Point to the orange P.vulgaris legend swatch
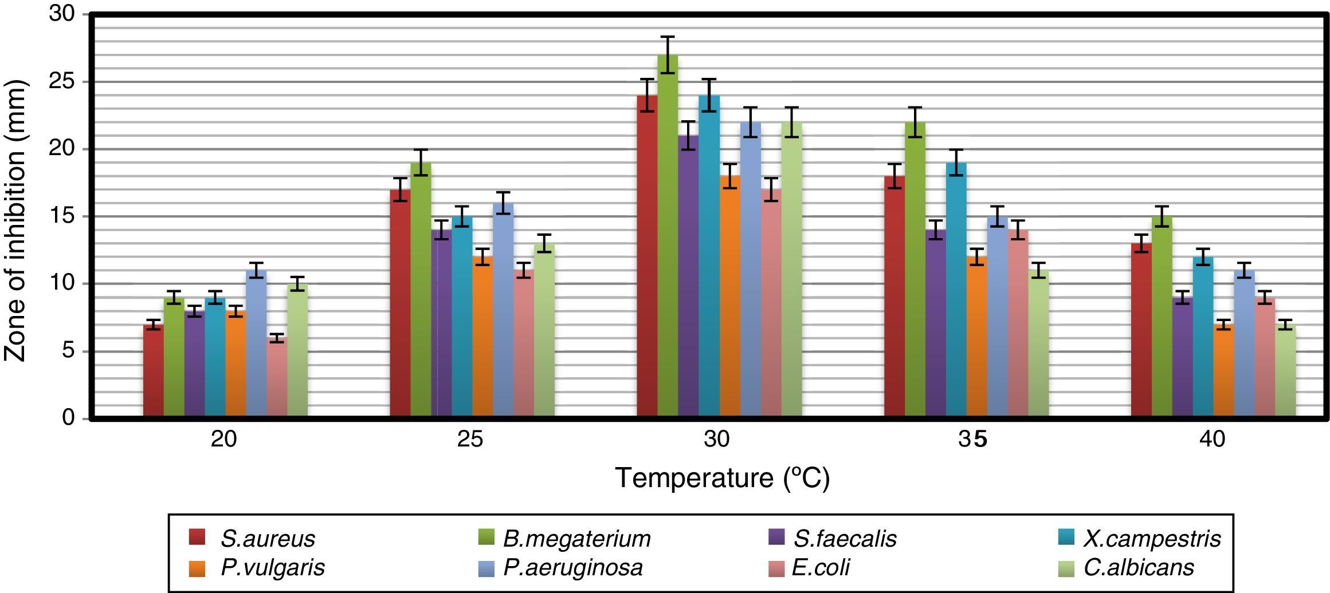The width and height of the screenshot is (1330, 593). (x=197, y=567)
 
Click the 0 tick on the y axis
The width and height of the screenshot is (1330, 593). (x=69, y=418)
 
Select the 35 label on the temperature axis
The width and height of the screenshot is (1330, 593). (x=971, y=440)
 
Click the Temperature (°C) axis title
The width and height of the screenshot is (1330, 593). (x=722, y=478)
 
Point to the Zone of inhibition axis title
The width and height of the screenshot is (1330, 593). (x=16, y=220)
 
